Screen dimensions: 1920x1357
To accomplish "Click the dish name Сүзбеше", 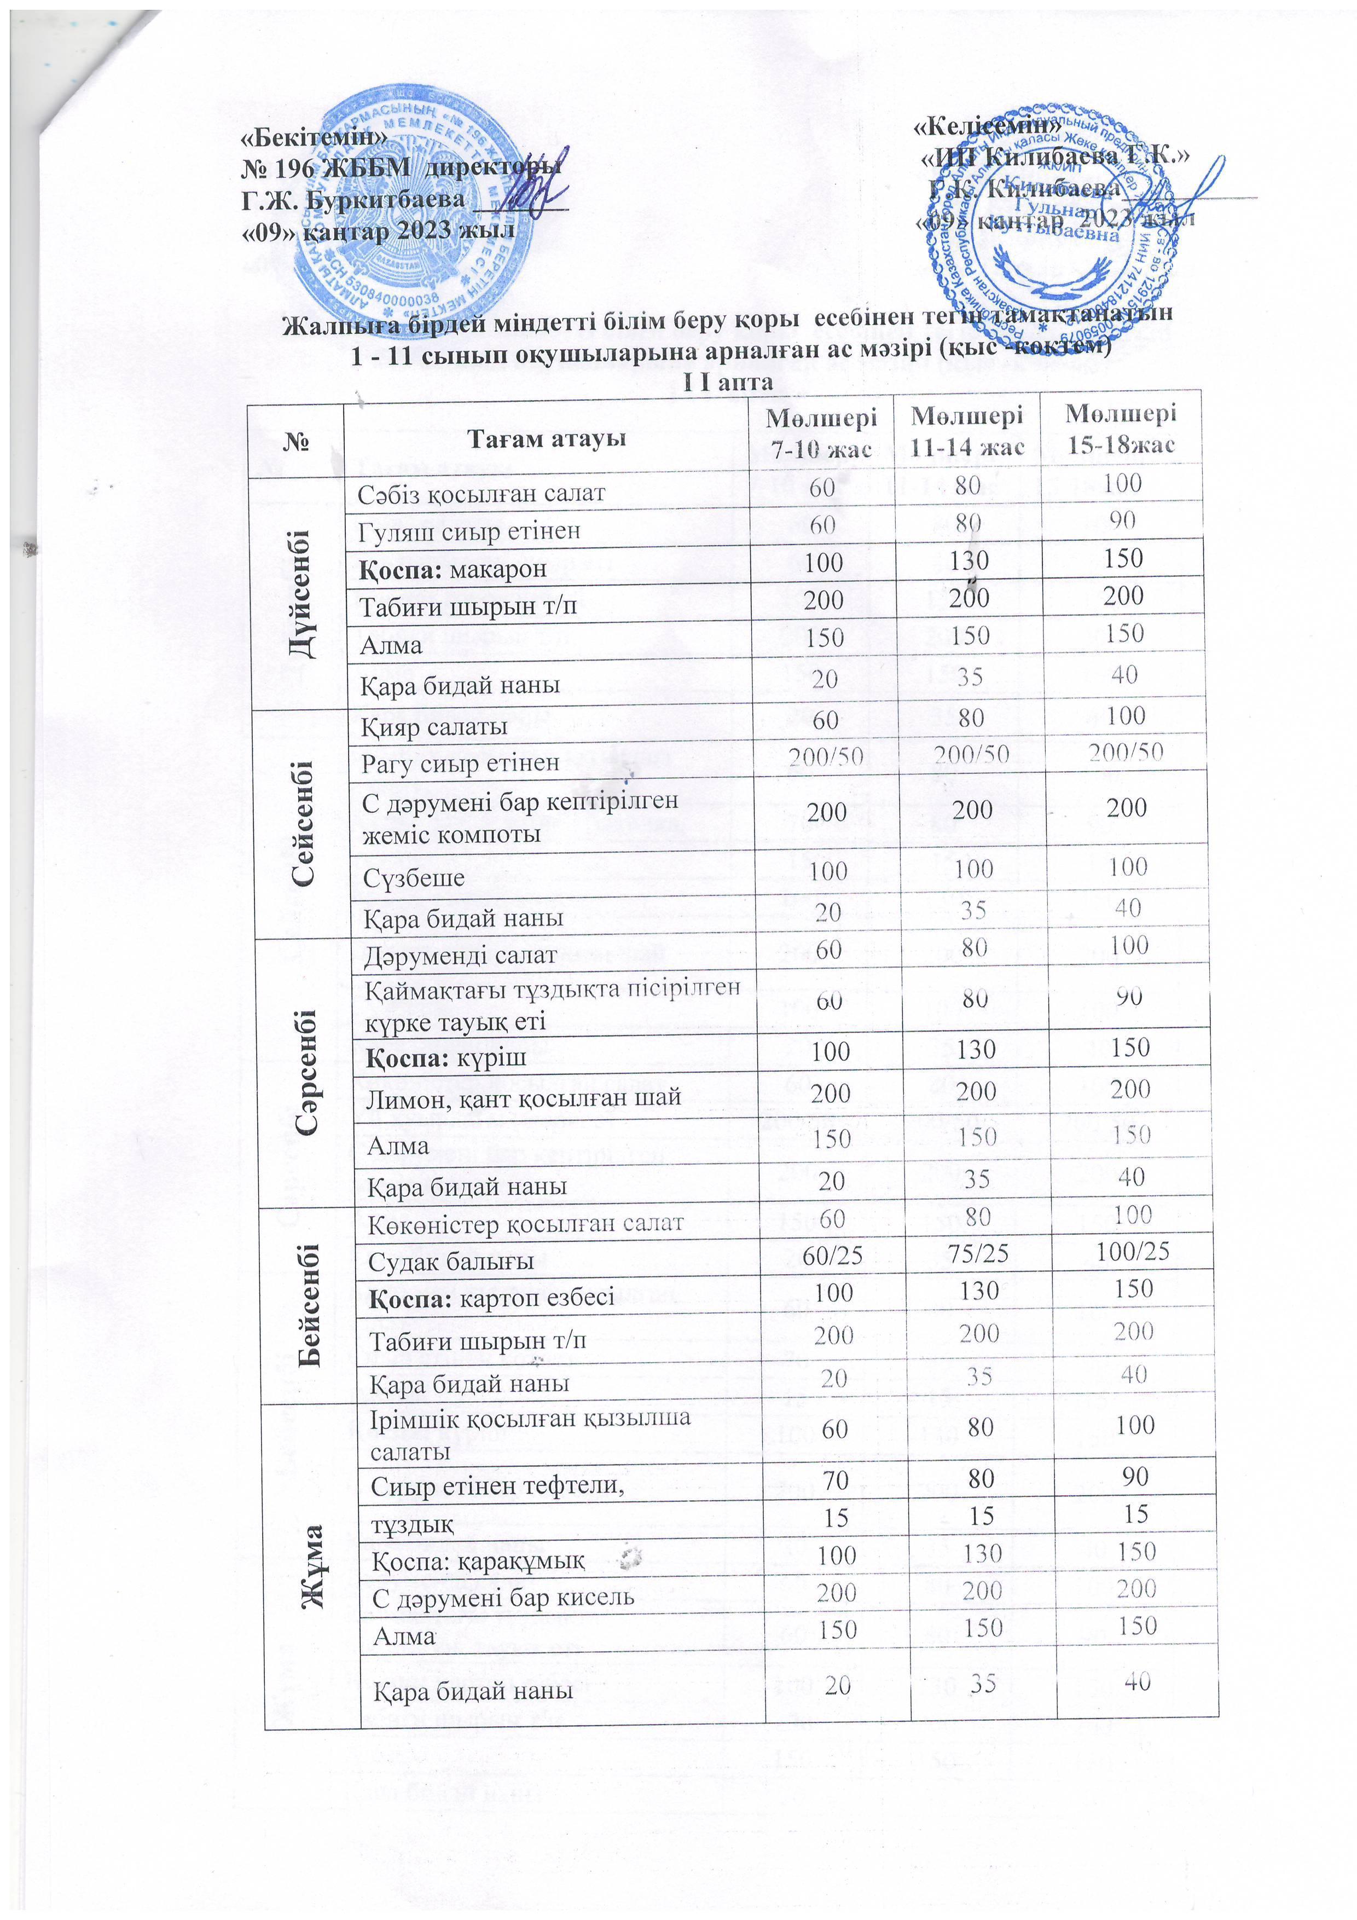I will coord(413,878).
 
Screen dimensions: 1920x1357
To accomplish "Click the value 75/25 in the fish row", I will coord(975,1253).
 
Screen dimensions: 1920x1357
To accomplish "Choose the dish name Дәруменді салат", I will coord(460,954).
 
